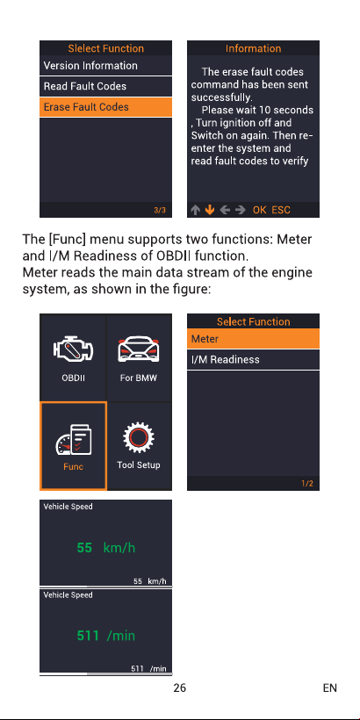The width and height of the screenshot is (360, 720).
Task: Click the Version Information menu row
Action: click(x=105, y=66)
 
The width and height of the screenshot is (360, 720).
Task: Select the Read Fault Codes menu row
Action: click(x=105, y=86)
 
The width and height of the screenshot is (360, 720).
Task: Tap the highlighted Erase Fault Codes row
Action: click(x=105, y=107)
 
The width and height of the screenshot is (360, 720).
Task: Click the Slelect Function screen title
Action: click(x=105, y=48)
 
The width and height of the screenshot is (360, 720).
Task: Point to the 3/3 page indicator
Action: click(x=160, y=211)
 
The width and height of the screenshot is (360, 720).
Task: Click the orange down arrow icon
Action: click(x=210, y=210)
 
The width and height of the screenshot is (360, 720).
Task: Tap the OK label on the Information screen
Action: click(x=259, y=210)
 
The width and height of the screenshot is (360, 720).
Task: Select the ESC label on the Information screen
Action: click(x=281, y=210)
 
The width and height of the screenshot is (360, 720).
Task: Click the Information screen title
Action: click(x=253, y=48)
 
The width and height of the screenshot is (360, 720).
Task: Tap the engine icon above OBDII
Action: click(x=73, y=349)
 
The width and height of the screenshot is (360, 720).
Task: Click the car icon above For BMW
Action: click(x=139, y=349)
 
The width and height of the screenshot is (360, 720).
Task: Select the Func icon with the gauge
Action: click(x=74, y=441)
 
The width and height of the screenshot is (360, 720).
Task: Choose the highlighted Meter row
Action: click(x=253, y=339)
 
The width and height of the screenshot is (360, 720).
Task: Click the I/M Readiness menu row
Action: click(x=253, y=359)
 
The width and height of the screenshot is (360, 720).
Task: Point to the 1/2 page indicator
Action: click(x=307, y=484)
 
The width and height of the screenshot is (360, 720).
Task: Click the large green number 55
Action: click(x=84, y=547)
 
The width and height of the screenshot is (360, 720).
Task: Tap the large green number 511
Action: click(x=88, y=636)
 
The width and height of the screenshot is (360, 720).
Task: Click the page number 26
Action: click(x=179, y=688)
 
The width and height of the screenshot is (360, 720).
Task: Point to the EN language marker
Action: click(x=329, y=688)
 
